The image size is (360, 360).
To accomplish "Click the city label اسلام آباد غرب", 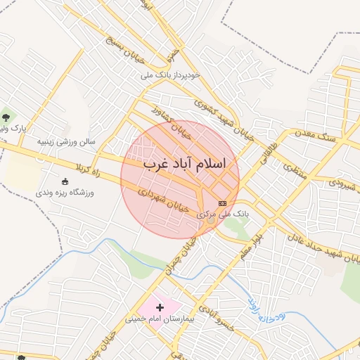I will point(184,163).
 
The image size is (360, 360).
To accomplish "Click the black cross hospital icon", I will point(160,307).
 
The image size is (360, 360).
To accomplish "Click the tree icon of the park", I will point(6,117).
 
